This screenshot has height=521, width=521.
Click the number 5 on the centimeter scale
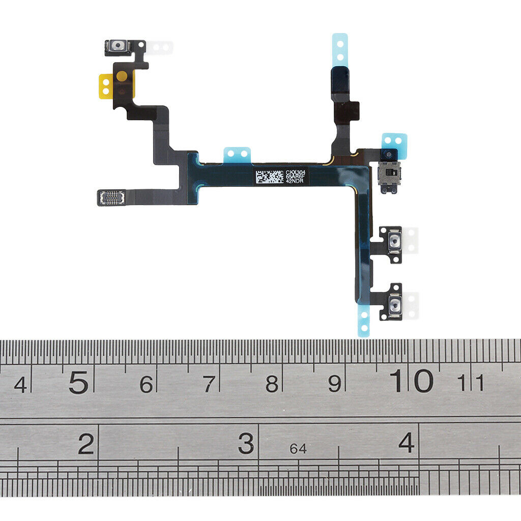[78, 383]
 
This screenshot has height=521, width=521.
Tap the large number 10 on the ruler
[412, 381]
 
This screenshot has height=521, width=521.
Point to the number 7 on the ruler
[208, 385]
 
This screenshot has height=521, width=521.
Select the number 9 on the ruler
[334, 384]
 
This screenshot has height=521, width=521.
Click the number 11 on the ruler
[471, 383]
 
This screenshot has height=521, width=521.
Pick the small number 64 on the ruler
[298, 449]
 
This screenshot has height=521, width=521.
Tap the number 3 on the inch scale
[246, 444]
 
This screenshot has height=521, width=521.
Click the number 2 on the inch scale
[86, 444]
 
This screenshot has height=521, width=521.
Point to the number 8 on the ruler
[272, 384]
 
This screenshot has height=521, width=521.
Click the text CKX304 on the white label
[295, 172]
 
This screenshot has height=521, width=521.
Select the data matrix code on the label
[270, 177]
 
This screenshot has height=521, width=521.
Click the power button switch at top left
[119, 47]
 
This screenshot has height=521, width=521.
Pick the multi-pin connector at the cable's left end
[111, 197]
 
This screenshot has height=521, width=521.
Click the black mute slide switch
[389, 175]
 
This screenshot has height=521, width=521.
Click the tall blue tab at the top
[340, 48]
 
